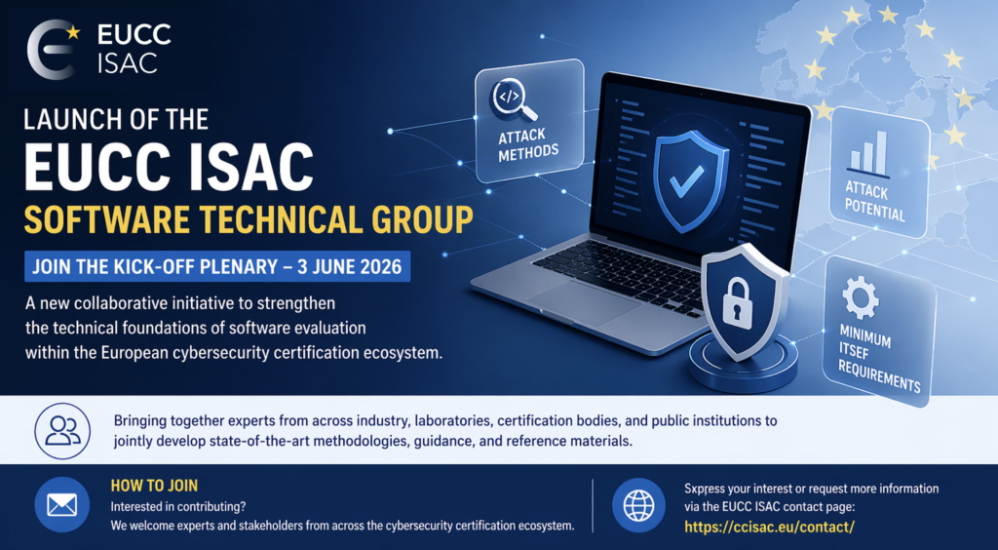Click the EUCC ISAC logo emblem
coord(51,50)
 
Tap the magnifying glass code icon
coord(513,99)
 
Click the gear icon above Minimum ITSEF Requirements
coord(861,297)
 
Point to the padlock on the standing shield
coord(738,304)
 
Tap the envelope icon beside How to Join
coord(61,505)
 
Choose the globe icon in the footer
coord(638,505)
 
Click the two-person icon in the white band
coord(62,431)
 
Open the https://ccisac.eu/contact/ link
coord(769,527)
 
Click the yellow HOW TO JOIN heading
coord(154,486)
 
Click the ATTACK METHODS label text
coord(528,145)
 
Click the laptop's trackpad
coord(583,303)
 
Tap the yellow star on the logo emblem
coord(73,31)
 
